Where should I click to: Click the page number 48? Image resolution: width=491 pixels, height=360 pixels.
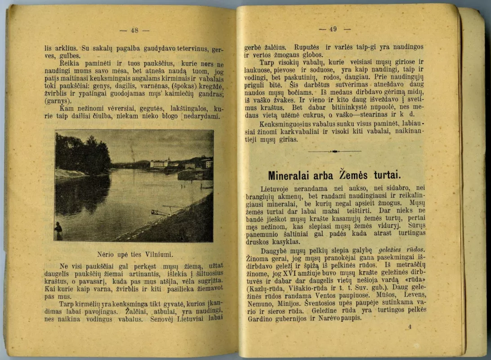pyautogui.click(x=134, y=31)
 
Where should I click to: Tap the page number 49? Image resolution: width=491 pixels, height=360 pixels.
pyautogui.click(x=333, y=29)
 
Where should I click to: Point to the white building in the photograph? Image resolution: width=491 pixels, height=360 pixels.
pyautogui.click(x=160, y=163)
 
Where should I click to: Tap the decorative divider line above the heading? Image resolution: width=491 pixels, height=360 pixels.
pyautogui.click(x=335, y=152)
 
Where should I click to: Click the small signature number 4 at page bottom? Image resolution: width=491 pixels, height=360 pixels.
pyautogui.click(x=409, y=327)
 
